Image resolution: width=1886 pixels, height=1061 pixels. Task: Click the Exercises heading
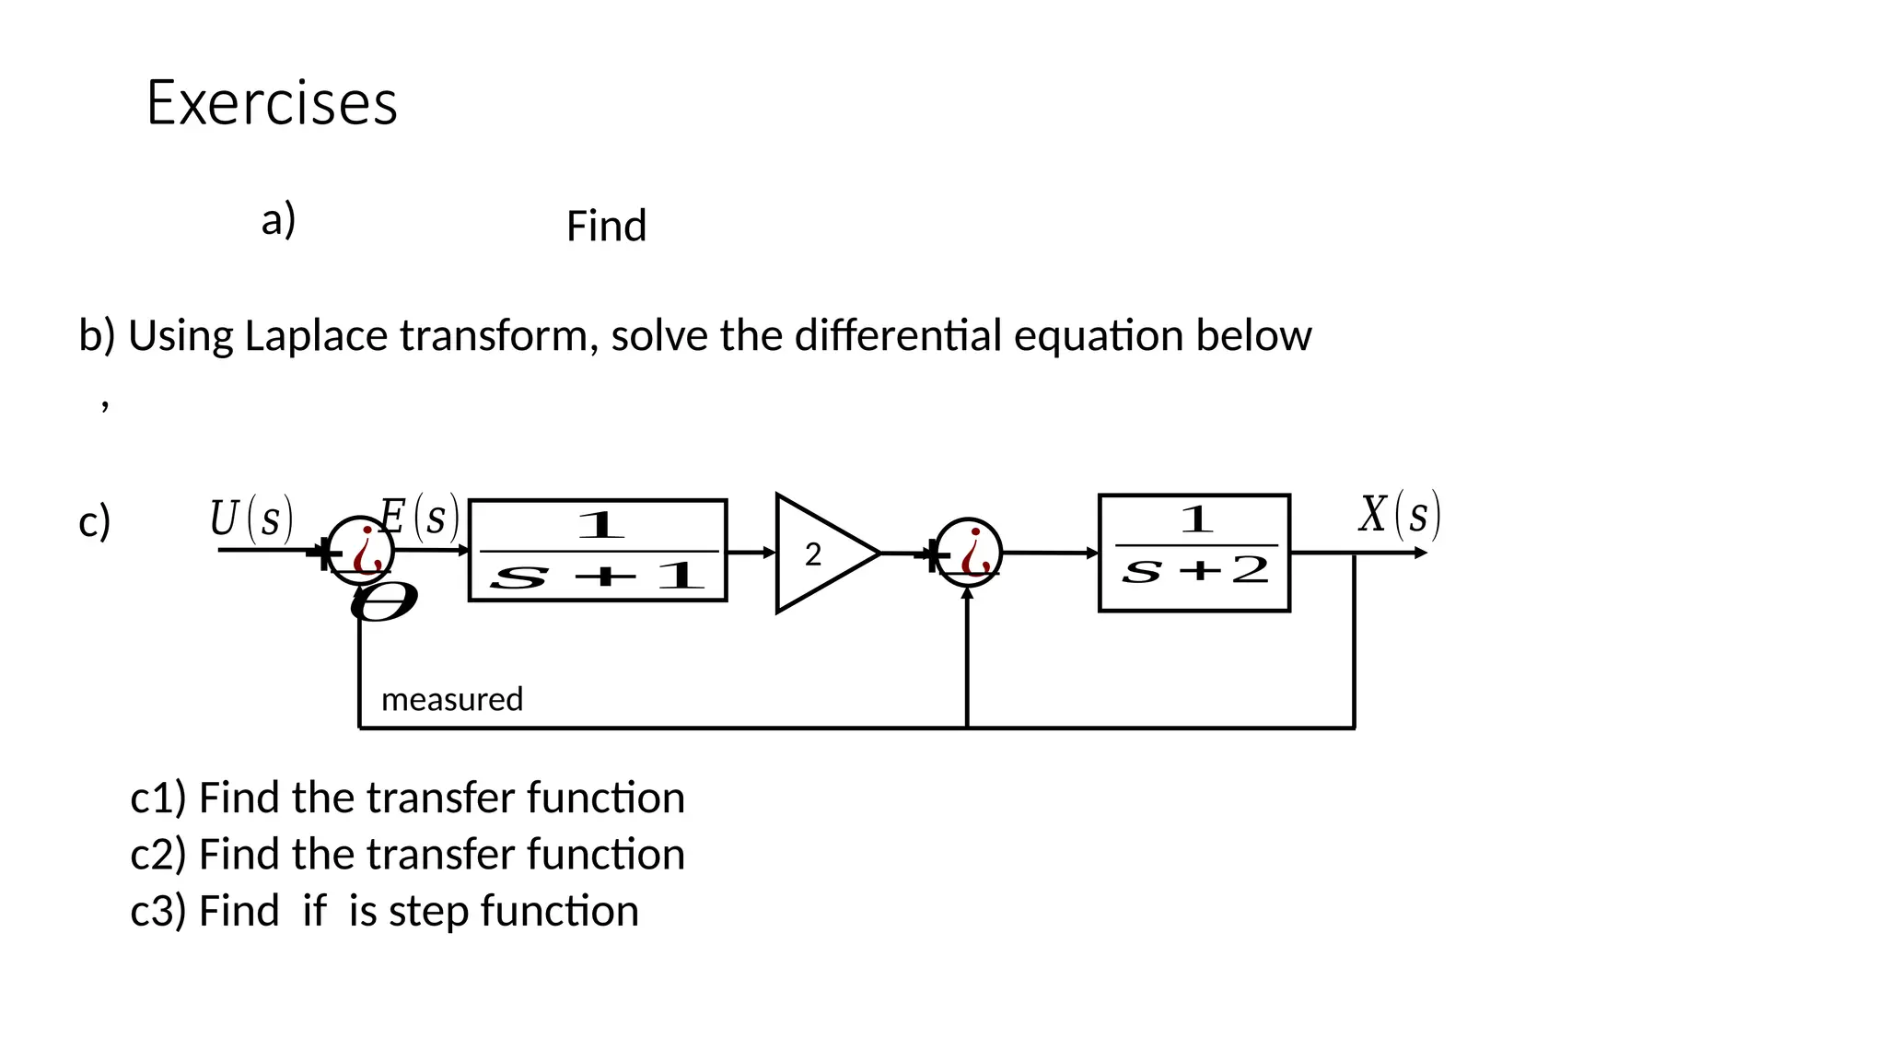pyautogui.click(x=272, y=102)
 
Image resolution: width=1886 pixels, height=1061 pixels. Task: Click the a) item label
pyautogui.click(x=278, y=220)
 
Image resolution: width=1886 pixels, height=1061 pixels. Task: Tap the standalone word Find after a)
pyautogui.click(x=606, y=226)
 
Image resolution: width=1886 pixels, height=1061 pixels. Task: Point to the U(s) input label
pyautogui.click(x=250, y=518)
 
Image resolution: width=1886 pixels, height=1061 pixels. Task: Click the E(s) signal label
pyautogui.click(x=419, y=517)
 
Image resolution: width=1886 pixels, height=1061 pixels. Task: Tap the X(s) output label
pyautogui.click(x=1399, y=514)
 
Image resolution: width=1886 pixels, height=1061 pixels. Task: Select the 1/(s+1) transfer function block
pyautogui.click(x=598, y=551)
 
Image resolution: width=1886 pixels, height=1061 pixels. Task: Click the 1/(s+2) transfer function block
pyautogui.click(x=1193, y=553)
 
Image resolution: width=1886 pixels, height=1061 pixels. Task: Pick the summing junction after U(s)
pyautogui.click(x=361, y=551)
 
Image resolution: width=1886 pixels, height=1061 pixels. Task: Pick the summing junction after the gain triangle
pyautogui.click(x=968, y=553)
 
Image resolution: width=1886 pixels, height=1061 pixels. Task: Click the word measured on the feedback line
pyautogui.click(x=452, y=699)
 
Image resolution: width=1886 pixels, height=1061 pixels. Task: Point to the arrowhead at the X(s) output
pyautogui.click(x=1421, y=553)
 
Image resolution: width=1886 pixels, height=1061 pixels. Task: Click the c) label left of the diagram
pyautogui.click(x=94, y=521)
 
